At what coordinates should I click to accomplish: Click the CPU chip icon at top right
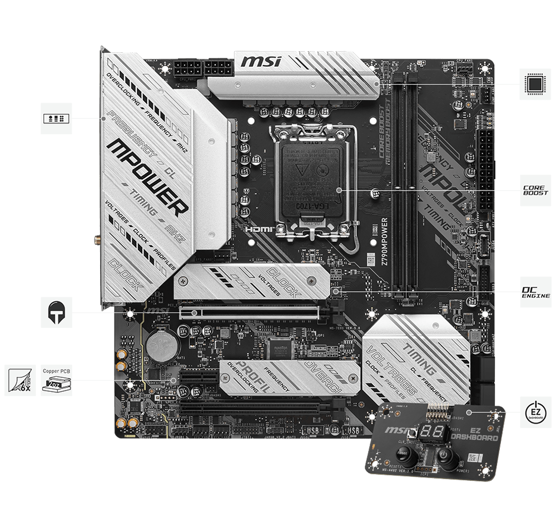pos(535,84)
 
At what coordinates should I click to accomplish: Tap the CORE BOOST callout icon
pos(535,191)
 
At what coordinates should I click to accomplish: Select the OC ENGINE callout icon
pos(535,291)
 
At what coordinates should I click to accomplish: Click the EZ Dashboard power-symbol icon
pos(535,412)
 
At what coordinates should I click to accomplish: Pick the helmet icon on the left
pos(56,312)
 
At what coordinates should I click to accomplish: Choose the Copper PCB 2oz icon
pos(56,380)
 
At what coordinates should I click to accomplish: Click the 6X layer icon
pos(21,380)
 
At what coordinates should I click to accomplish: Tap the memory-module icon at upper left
pos(56,118)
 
